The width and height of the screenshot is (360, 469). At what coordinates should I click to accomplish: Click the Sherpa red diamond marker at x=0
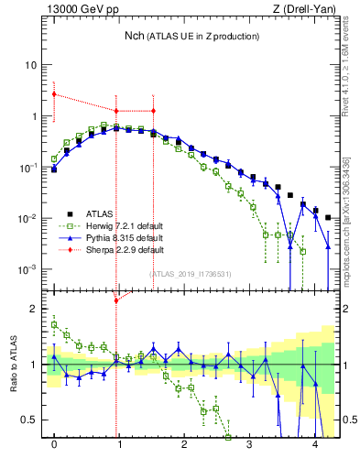(x=54, y=93)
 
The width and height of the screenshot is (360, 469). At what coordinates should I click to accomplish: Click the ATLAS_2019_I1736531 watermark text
(x=191, y=275)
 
